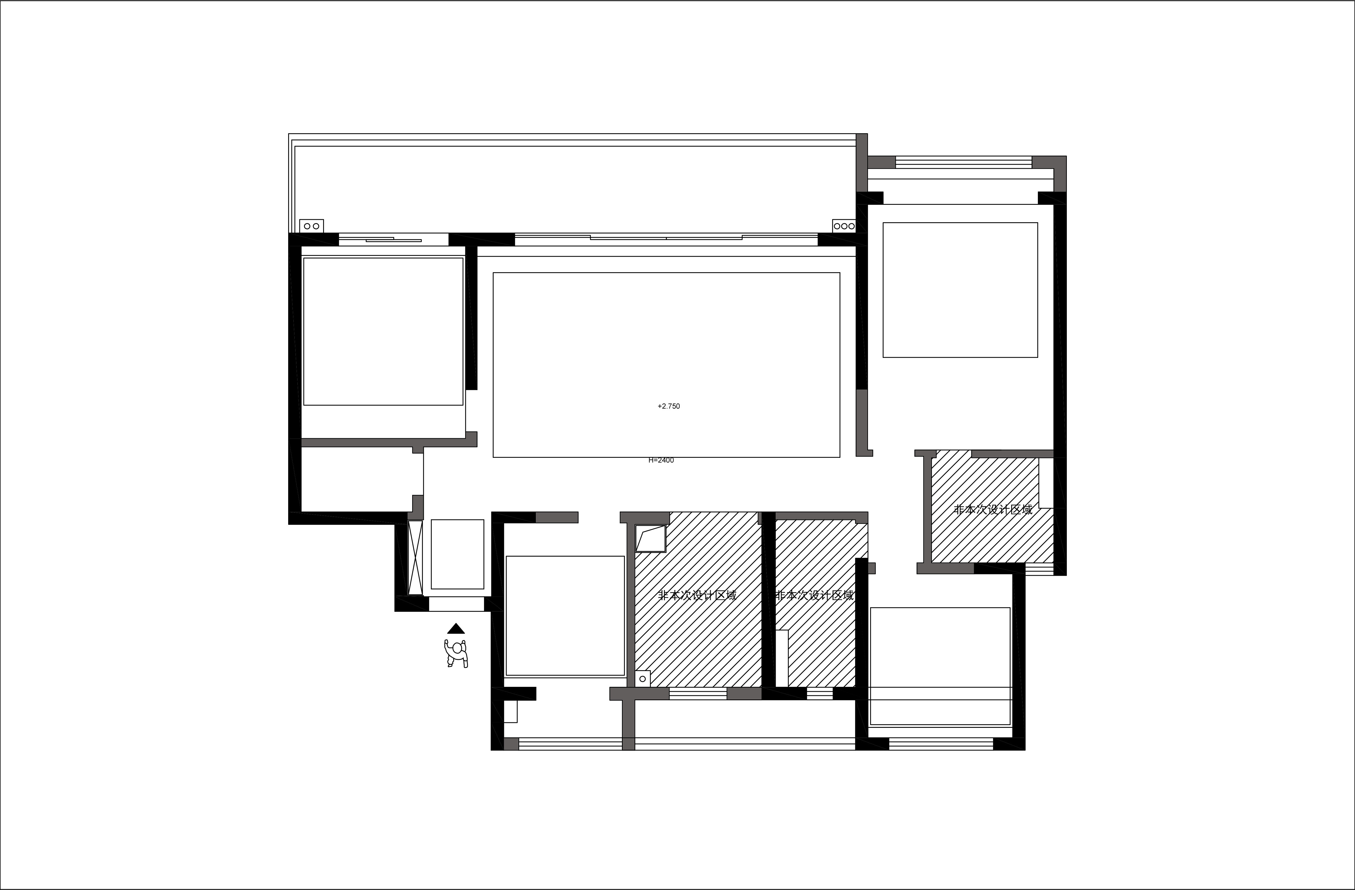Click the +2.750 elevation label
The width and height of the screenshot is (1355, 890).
[668, 406]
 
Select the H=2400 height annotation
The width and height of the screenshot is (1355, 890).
[661, 460]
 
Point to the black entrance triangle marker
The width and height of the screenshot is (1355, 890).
[456, 629]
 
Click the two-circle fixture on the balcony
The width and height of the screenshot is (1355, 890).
[311, 226]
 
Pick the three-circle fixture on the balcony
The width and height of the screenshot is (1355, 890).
[844, 226]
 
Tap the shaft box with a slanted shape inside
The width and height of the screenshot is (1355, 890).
[650, 538]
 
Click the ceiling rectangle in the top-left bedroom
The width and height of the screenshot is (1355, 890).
[383, 332]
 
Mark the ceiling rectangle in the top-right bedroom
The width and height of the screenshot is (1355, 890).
[960, 290]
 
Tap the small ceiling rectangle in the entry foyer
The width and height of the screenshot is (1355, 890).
[457, 554]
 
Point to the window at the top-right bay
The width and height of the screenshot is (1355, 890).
[963, 162]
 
